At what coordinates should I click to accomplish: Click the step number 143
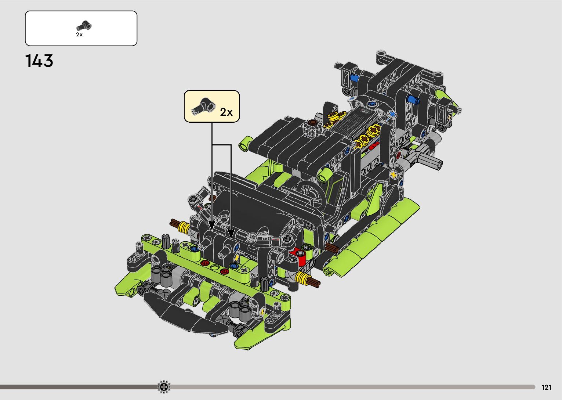[x=39, y=61]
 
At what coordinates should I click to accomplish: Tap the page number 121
[x=547, y=388]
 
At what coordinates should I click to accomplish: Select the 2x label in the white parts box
[x=79, y=35]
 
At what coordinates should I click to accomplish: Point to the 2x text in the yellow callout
[x=226, y=112]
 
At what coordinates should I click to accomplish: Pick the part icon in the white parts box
[x=84, y=26]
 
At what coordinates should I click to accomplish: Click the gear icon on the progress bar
[x=164, y=387]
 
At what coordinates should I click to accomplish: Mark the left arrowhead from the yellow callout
[x=212, y=226]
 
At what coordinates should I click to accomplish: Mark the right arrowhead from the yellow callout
[x=231, y=234]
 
